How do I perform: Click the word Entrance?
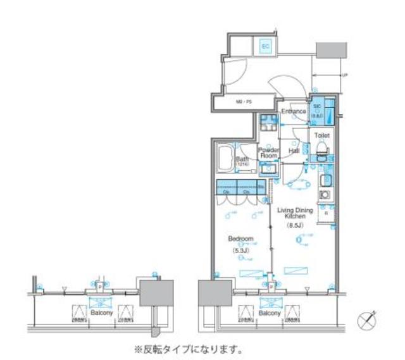pos(294,112)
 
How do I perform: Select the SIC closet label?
pos(316,108)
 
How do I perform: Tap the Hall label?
pos(294,151)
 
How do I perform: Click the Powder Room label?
pos(268,152)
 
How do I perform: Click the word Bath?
pos(242,159)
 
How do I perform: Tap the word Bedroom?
pos(240,239)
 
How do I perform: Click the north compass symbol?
pos(367,320)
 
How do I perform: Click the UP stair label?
pos(344,76)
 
